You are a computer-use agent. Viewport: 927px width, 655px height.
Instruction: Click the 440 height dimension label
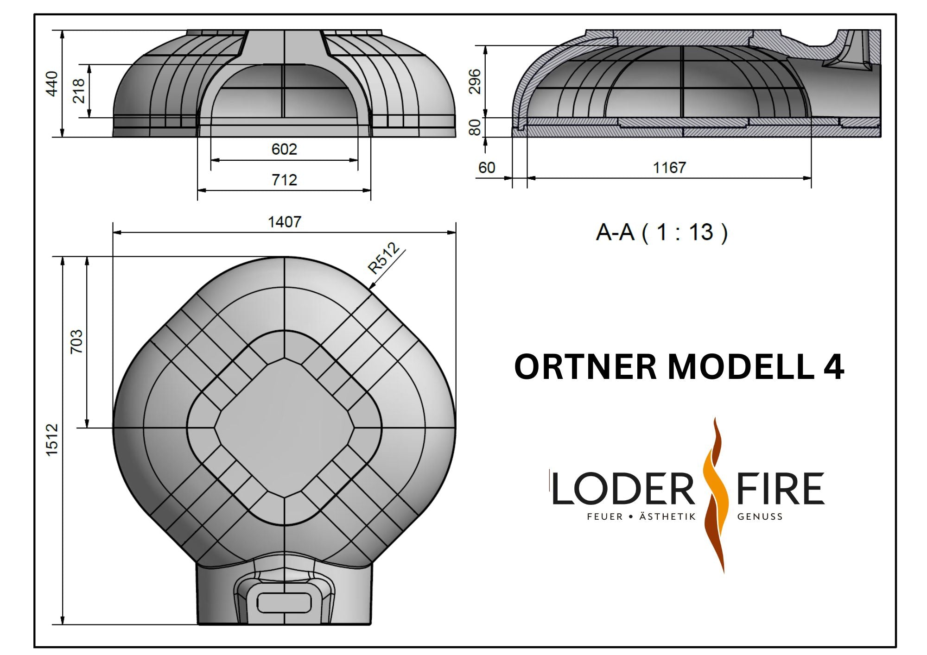pos(52,84)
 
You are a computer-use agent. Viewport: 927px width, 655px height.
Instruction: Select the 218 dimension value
pos(79,91)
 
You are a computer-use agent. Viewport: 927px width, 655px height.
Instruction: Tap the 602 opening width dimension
pos(284,149)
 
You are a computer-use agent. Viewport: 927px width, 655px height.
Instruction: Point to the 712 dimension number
pos(284,180)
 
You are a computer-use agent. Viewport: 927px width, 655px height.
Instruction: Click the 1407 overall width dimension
pos(285,222)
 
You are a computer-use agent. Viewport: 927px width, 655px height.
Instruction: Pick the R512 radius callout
pos(383,258)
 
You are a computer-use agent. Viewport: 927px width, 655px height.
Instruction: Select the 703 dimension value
pos(76,342)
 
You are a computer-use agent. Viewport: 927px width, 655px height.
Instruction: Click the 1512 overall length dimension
pos(52,440)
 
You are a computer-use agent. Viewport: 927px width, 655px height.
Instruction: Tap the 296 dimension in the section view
pos(475,82)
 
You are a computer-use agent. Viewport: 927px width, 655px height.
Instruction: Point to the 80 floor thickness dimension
pos(475,127)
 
